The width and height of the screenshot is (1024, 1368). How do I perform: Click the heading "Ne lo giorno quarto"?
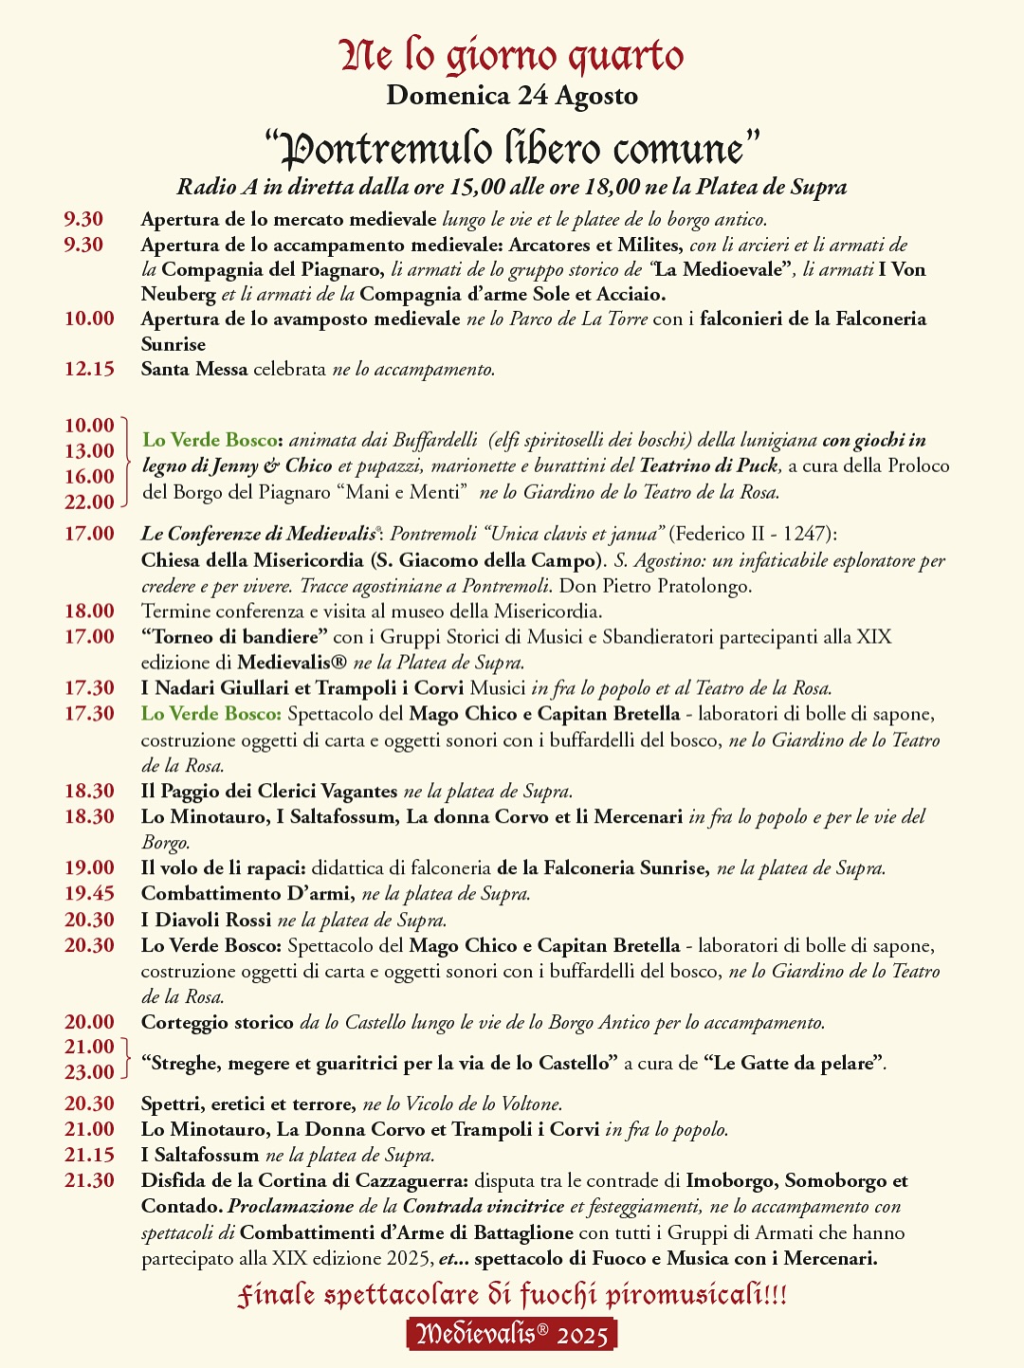[x=512, y=56]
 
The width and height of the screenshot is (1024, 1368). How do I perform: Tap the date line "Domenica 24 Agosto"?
[x=512, y=96]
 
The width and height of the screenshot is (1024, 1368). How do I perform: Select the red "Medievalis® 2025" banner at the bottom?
[x=512, y=1334]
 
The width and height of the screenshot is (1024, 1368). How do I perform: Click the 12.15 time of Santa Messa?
[x=89, y=369]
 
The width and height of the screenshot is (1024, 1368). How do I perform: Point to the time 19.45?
[x=89, y=893]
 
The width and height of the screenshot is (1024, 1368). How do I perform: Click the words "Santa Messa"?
[x=194, y=369]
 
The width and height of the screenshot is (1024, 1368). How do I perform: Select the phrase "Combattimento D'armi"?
[x=247, y=893]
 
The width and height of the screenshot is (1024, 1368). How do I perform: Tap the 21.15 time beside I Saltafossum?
[x=89, y=1155]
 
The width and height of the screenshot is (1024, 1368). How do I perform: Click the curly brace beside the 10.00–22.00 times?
[x=126, y=464]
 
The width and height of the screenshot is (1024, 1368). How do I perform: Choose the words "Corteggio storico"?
[x=217, y=1022]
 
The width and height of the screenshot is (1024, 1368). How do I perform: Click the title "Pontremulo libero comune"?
[x=512, y=148]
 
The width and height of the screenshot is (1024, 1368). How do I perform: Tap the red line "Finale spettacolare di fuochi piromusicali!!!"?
[x=512, y=1295]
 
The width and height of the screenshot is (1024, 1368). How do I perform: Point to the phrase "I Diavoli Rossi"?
[x=206, y=920]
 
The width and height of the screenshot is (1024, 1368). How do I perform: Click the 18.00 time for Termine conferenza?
[x=89, y=611]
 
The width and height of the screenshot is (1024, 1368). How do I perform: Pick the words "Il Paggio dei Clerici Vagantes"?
[x=269, y=791]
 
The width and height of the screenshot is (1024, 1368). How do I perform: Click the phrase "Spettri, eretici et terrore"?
[x=247, y=1104]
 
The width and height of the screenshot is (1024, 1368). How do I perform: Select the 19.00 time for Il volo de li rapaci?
[x=89, y=867]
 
